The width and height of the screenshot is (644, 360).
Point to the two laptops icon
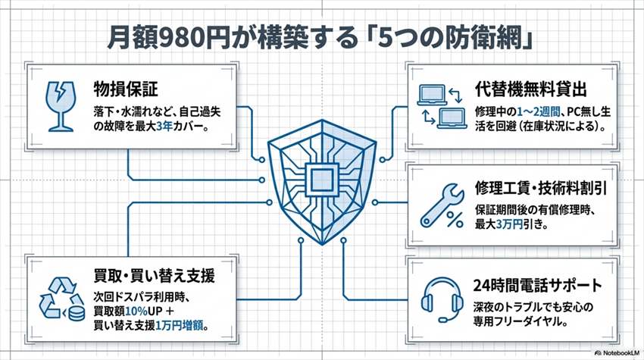coord(441,105)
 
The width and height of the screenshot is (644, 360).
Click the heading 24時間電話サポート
coord(538,286)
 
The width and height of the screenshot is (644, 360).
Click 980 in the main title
coord(177,37)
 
